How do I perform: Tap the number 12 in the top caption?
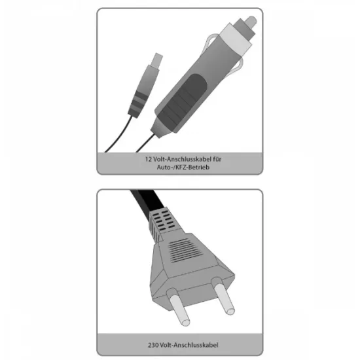[148, 159]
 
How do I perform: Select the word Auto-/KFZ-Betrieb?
[183, 167]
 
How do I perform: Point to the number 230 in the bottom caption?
[153, 345]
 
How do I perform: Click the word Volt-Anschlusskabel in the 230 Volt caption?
[189, 345]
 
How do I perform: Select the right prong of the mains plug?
[223, 296]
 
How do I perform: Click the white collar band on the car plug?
[236, 39]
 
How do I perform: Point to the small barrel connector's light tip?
[158, 59]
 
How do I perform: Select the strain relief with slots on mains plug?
[164, 224]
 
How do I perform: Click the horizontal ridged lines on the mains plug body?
[185, 250]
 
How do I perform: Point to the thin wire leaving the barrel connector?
[119, 135]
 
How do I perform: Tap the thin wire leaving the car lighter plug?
[145, 143]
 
